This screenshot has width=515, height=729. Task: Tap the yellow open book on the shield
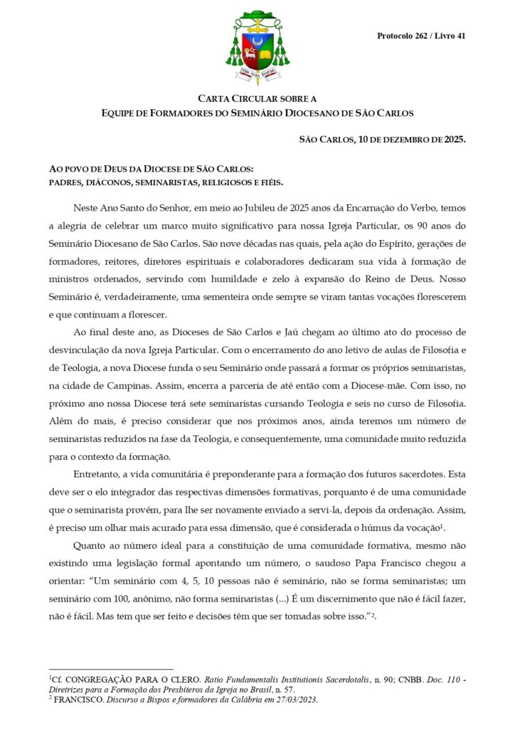point(266,54)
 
